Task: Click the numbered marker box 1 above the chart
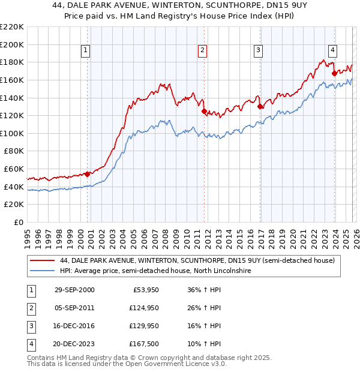tap(87, 50)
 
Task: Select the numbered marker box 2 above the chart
tap(203, 50)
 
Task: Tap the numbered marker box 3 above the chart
tap(259, 50)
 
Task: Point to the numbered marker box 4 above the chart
tap(332, 50)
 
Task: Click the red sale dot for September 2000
tap(87, 174)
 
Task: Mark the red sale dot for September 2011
tap(203, 111)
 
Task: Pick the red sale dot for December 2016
tap(260, 107)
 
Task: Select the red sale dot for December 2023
tap(334, 73)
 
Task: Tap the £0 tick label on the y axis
tap(19, 222)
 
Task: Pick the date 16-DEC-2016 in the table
tap(74, 327)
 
